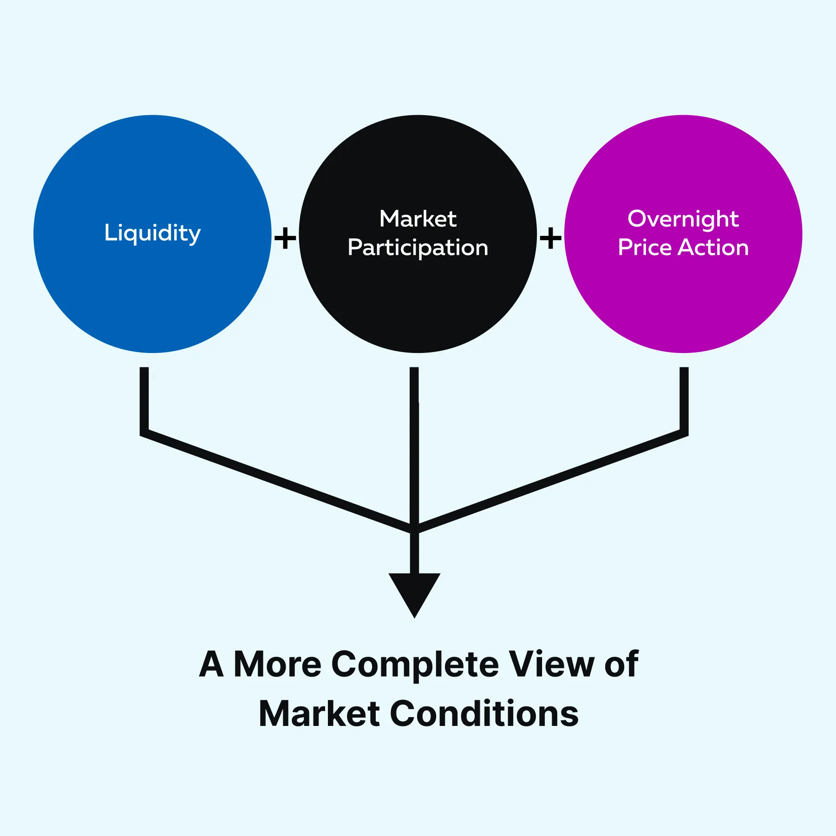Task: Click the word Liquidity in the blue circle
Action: pos(152,233)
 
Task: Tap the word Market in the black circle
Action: pos(418,219)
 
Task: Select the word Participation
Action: pos(418,248)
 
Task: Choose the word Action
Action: pos(713,247)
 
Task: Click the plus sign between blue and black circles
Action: pos(285,238)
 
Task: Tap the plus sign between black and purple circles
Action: pos(550,238)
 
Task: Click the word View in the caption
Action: pos(551,664)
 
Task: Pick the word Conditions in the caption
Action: pos(484,713)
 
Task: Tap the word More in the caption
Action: pos(277,664)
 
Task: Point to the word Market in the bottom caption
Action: pos(320,713)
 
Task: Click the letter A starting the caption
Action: pos(212,664)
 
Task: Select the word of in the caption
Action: pos(621,664)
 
